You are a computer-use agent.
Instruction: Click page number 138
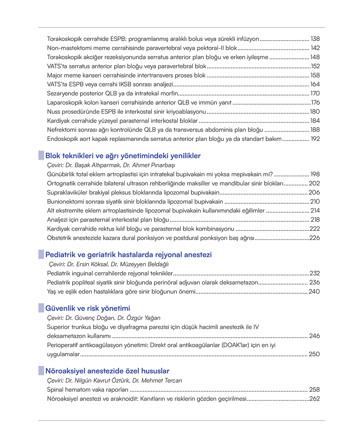[315, 39]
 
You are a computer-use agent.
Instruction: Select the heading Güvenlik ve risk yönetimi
[87, 308]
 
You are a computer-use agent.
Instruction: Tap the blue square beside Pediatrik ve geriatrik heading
[41, 255]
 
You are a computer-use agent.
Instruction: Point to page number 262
[315, 399]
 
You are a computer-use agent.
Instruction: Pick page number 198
[315, 174]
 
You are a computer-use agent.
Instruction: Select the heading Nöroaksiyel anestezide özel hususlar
[107, 371]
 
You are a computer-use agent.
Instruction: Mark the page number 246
[314, 336]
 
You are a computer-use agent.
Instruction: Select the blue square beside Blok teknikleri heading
[41, 155]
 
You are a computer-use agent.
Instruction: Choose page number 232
[315, 273]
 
